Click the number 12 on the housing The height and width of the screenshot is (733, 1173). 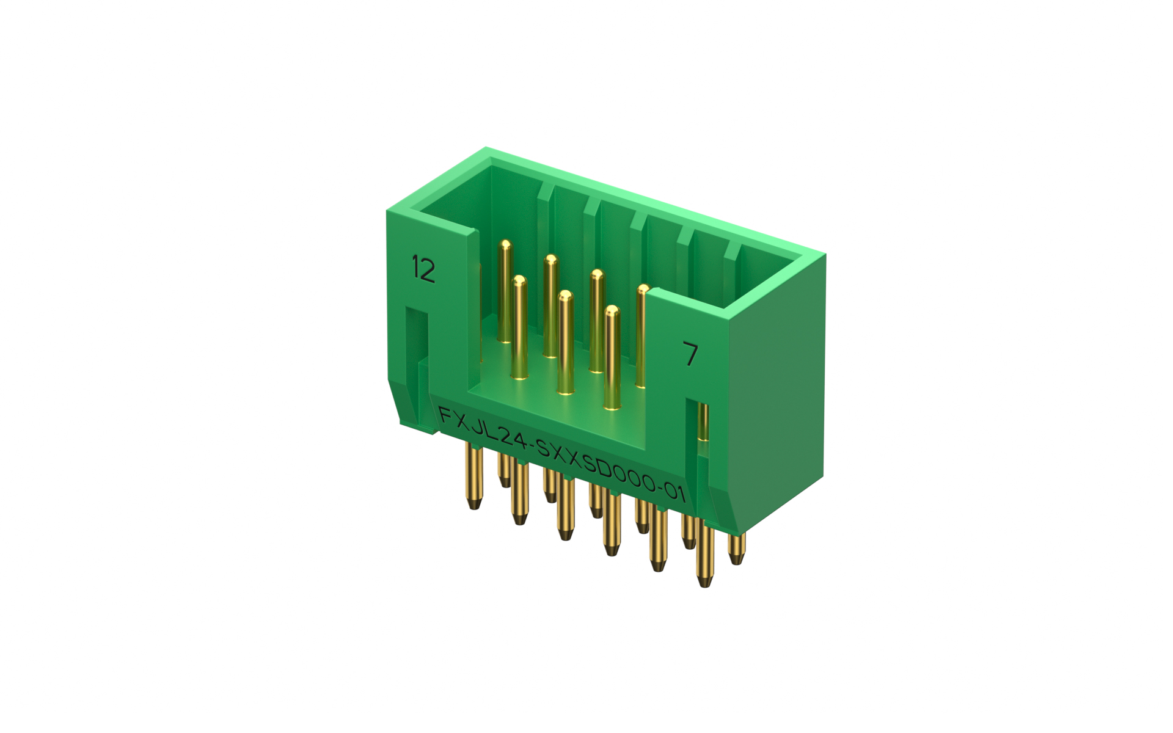(423, 269)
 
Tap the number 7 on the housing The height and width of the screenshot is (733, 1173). (690, 354)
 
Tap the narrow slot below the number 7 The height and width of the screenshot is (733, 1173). (703, 421)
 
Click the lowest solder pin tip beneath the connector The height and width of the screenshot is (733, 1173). (705, 580)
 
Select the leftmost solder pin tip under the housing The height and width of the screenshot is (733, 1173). (473, 503)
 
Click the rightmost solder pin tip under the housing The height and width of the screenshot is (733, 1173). (737, 557)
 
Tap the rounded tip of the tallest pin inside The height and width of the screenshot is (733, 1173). (505, 245)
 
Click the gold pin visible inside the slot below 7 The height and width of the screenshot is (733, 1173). (703, 421)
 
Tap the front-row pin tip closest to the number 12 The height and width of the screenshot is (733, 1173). (519, 280)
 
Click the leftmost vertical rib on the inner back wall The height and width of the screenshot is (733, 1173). (545, 202)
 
